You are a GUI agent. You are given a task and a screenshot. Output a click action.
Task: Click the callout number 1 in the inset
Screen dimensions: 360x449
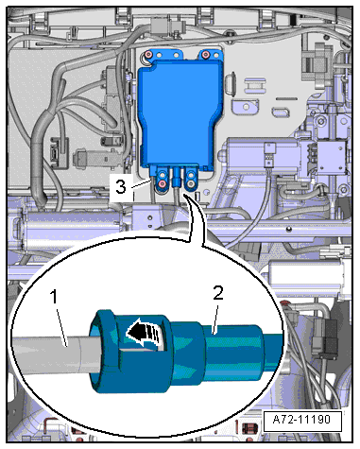[x=55, y=297]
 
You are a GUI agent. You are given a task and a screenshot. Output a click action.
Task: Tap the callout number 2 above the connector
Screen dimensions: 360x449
[x=218, y=293]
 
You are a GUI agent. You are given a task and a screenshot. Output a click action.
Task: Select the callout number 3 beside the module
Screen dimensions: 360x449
[x=121, y=187]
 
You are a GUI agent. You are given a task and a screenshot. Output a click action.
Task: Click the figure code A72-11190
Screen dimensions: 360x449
[x=302, y=420]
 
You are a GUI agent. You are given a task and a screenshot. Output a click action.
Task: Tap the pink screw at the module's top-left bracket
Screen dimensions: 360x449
[x=149, y=55]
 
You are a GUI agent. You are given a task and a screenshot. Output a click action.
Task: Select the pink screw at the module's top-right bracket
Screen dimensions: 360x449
[x=206, y=54]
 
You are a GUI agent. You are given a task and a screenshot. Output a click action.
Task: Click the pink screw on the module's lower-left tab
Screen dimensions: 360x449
[x=163, y=183]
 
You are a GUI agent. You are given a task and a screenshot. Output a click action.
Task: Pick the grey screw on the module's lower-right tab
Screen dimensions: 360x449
[x=191, y=183]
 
